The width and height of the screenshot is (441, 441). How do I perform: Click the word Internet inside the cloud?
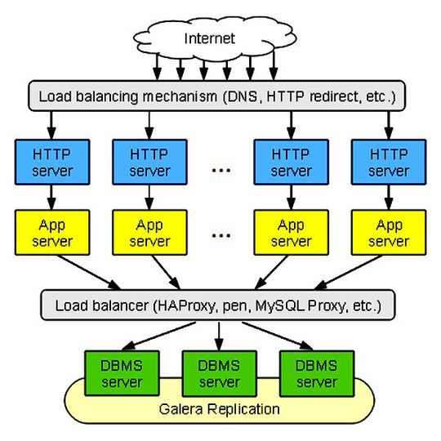[x=210, y=38]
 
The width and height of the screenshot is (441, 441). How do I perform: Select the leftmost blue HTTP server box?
[x=52, y=162]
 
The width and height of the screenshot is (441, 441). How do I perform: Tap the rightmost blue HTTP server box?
[x=389, y=162]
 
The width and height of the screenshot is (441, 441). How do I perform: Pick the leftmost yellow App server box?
[x=52, y=233]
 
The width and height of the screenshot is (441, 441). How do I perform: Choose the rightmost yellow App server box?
[x=389, y=233]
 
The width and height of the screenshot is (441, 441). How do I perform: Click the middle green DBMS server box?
[x=220, y=373]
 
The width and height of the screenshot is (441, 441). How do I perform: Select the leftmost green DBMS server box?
[x=122, y=373]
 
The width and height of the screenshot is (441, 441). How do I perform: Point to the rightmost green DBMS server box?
[x=317, y=373]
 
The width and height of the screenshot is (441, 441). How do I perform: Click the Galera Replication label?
[x=220, y=409]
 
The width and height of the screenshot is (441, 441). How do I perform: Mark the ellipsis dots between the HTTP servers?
[x=221, y=170]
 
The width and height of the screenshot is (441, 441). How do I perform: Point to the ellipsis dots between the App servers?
[x=221, y=235]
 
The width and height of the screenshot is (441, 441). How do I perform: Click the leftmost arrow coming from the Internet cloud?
[x=158, y=67]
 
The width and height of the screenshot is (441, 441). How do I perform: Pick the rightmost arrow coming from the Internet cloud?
[x=274, y=65]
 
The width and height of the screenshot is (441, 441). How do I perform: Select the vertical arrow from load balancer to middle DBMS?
[x=219, y=336]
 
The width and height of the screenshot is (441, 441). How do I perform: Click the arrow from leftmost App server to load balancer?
[x=90, y=272]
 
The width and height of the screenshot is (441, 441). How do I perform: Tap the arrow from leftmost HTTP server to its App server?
[x=51, y=198]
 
